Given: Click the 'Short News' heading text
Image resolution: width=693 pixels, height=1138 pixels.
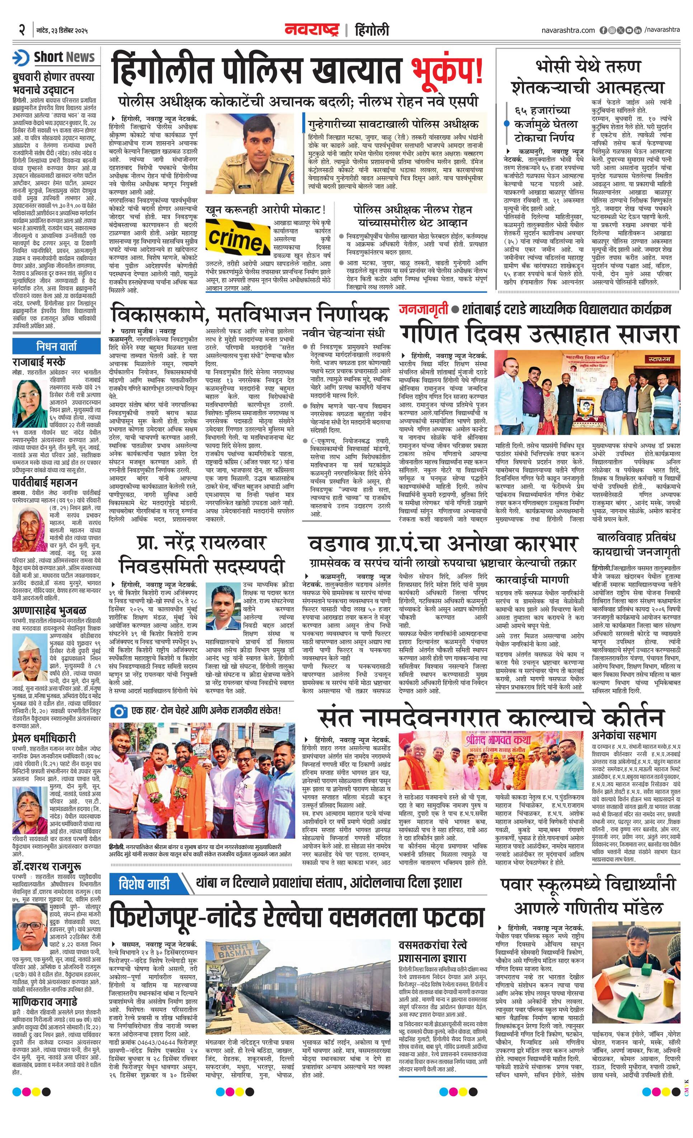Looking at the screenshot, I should pyautogui.click(x=64, y=57).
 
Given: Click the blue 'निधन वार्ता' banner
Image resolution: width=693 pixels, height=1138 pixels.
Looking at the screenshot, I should pyautogui.click(x=56, y=346).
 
